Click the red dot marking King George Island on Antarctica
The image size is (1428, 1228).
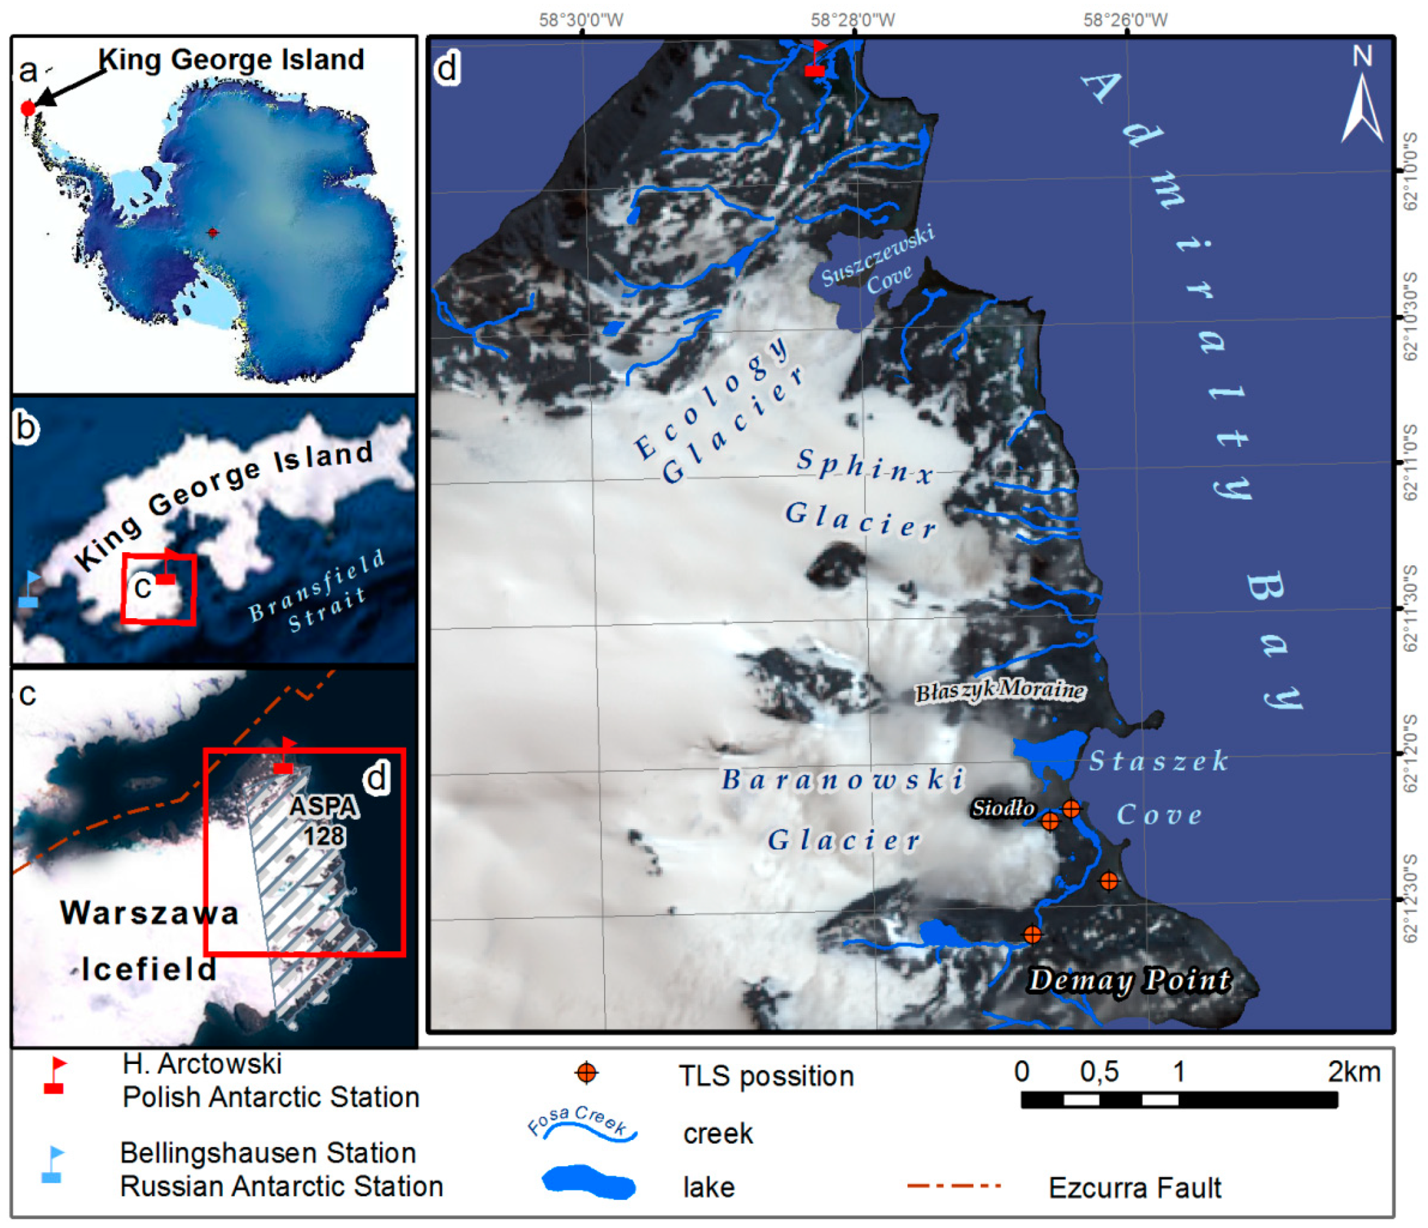pos(28,108)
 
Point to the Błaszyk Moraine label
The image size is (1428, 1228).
pos(999,690)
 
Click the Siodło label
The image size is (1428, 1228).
pos(1003,808)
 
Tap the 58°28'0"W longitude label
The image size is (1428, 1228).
pos(853,19)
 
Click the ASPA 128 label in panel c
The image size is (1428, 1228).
pos(324,821)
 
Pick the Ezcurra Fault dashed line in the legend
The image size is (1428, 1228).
pos(953,1185)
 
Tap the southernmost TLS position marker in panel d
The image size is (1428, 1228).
pos(1032,934)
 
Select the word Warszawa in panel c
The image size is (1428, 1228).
pos(149,913)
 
